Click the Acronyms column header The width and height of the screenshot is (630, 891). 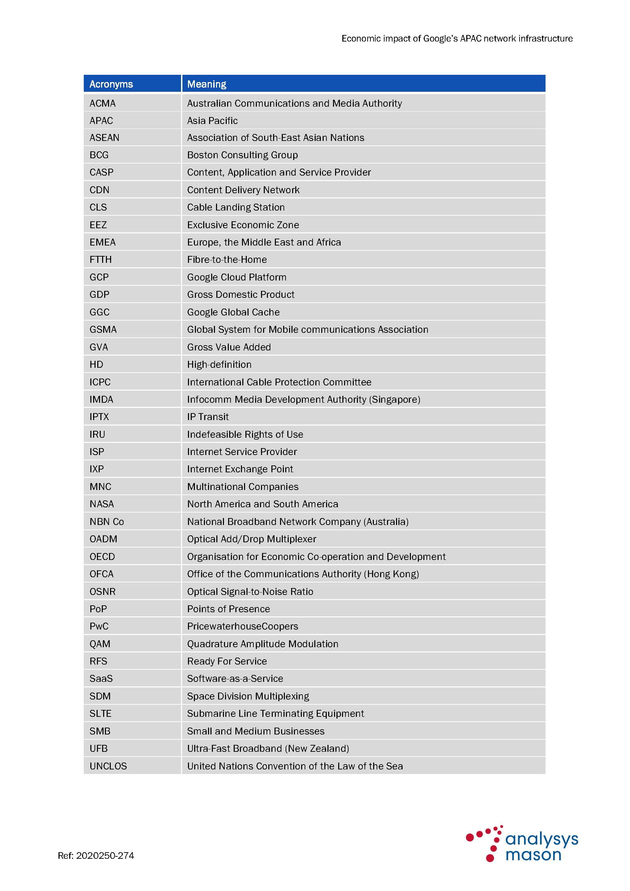(x=111, y=84)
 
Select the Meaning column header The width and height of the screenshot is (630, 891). (x=206, y=84)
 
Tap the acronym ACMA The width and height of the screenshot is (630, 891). (x=102, y=103)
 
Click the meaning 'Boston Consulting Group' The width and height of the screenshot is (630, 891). (x=242, y=155)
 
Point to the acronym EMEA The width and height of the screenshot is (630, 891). (x=102, y=242)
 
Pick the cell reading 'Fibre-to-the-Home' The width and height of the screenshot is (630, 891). (x=227, y=260)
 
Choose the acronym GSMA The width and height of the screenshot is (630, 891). (x=103, y=329)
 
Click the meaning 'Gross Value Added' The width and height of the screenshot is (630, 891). (x=229, y=347)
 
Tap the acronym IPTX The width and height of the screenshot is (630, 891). (x=99, y=417)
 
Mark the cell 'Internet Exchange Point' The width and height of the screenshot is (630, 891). (x=240, y=469)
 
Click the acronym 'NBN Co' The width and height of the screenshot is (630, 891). (x=107, y=522)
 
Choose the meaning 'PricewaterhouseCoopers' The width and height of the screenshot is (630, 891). (x=242, y=626)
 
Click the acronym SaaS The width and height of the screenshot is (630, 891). (x=101, y=679)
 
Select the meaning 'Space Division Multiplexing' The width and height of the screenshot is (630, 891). (x=248, y=696)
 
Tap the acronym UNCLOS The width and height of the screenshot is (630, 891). (x=108, y=766)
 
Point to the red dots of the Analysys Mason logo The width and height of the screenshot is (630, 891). (x=485, y=842)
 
